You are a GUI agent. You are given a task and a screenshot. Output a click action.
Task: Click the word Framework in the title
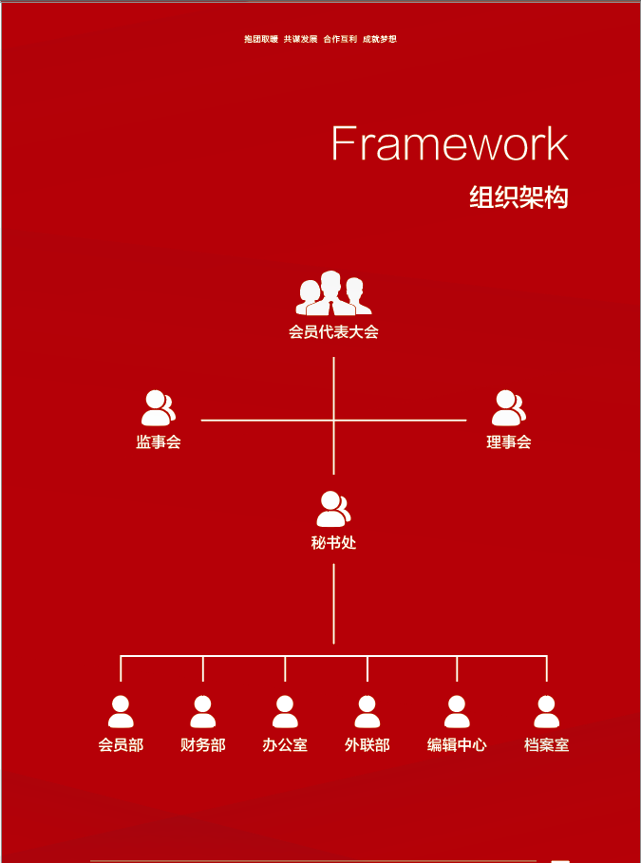(x=449, y=143)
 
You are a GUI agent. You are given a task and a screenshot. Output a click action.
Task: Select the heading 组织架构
(x=518, y=197)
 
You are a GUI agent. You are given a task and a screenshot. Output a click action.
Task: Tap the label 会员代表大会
(x=333, y=332)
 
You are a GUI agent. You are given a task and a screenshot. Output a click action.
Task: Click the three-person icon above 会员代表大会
(x=333, y=293)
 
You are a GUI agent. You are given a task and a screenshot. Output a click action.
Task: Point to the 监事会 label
(x=159, y=441)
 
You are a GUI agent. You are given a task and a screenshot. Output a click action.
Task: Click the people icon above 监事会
(x=159, y=408)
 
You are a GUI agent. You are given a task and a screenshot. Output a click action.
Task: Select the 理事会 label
(x=509, y=441)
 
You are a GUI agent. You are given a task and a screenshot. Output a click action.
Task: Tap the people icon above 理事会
(x=509, y=408)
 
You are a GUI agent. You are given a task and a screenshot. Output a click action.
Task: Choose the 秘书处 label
(x=333, y=543)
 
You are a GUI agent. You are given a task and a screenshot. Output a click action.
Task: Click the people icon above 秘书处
(x=333, y=509)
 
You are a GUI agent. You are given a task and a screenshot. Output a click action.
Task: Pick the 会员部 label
(x=121, y=745)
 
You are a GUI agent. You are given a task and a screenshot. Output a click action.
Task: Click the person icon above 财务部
(x=203, y=712)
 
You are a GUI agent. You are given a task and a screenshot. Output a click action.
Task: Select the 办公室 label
(x=285, y=745)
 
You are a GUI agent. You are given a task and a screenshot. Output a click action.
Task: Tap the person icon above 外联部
(x=368, y=712)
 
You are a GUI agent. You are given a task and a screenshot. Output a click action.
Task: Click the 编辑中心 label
(x=457, y=745)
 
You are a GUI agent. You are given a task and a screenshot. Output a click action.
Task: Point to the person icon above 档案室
(x=547, y=712)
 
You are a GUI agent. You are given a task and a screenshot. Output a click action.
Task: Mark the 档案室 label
(x=547, y=745)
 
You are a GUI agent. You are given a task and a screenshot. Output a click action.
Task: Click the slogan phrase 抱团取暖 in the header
(x=261, y=39)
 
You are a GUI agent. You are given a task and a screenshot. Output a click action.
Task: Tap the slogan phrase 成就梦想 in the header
(x=380, y=39)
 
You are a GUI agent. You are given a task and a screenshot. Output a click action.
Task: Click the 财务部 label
(x=203, y=745)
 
